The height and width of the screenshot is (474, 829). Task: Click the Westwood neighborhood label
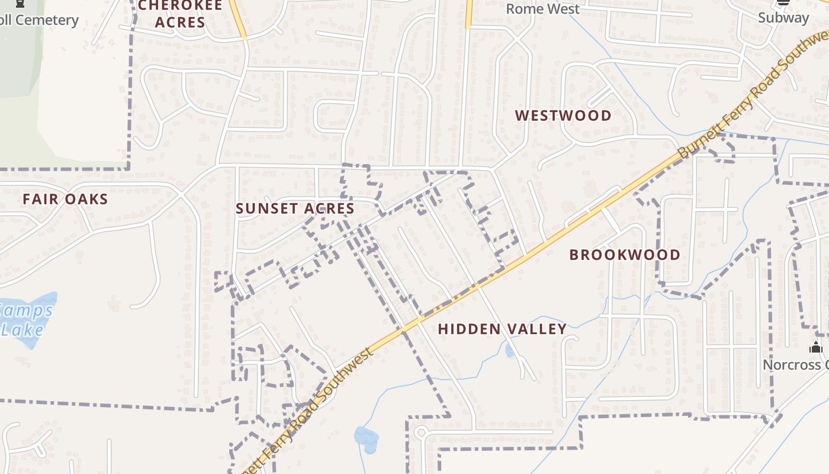tap(563, 116)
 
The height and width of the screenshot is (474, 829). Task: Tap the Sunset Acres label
tap(295, 209)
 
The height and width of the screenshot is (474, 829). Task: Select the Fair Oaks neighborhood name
tap(65, 199)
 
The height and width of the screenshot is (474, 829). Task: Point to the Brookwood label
tap(625, 255)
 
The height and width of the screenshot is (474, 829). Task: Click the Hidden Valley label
tap(502, 329)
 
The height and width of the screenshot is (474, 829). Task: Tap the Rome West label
tap(542, 9)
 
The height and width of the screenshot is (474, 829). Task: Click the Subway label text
tap(783, 18)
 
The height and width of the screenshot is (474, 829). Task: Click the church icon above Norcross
tap(816, 347)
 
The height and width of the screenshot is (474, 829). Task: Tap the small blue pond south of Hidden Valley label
tap(510, 350)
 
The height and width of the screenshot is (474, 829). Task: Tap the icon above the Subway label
tap(783, 2)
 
